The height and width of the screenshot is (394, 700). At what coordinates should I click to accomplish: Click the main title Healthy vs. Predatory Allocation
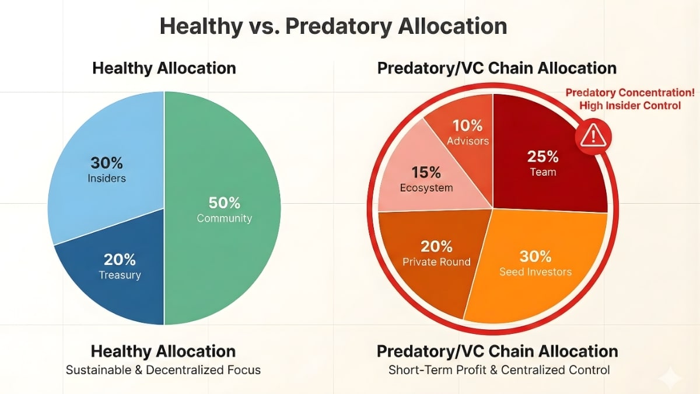(333, 26)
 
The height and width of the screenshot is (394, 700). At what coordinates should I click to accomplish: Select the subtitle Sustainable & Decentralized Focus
(163, 370)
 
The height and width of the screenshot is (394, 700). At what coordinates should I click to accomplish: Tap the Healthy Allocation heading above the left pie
(164, 68)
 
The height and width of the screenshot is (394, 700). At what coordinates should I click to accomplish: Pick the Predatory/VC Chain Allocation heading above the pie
(497, 68)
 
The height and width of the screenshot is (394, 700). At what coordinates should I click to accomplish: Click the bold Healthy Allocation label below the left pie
(163, 351)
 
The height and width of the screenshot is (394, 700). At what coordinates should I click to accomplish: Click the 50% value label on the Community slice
(225, 203)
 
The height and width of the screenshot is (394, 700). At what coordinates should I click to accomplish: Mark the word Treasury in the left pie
(120, 275)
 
